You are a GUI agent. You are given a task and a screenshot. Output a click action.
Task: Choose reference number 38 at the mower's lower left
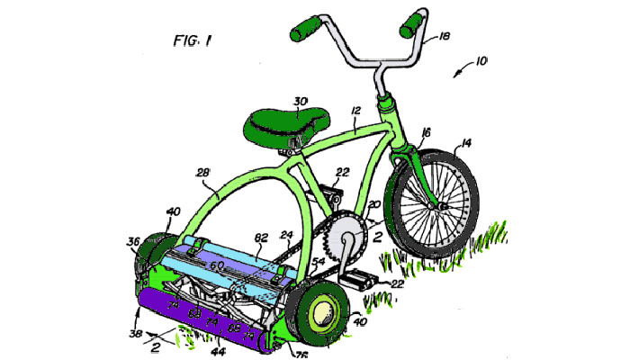pyautogui.click(x=135, y=334)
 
